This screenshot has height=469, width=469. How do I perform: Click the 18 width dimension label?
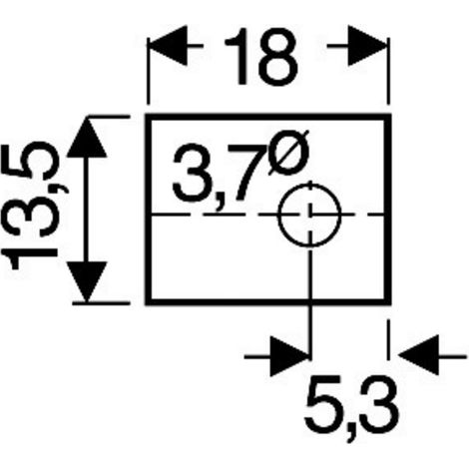(x=260, y=57)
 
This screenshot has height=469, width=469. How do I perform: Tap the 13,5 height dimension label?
(x=32, y=206)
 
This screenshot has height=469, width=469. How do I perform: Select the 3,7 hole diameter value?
(x=216, y=177)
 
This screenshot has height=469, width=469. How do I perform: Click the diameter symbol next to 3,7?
(x=289, y=152)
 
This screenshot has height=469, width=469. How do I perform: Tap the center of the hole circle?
(x=310, y=215)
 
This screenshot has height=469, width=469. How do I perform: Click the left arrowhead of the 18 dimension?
(x=168, y=46)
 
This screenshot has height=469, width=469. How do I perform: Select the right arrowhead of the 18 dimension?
(x=368, y=46)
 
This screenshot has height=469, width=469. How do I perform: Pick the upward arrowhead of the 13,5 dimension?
(x=87, y=137)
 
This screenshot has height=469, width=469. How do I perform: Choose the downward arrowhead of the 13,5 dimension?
(x=87, y=282)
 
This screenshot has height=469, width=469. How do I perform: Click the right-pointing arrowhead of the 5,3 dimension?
(x=290, y=356)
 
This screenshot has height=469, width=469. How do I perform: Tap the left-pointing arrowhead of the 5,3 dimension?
(x=418, y=355)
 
